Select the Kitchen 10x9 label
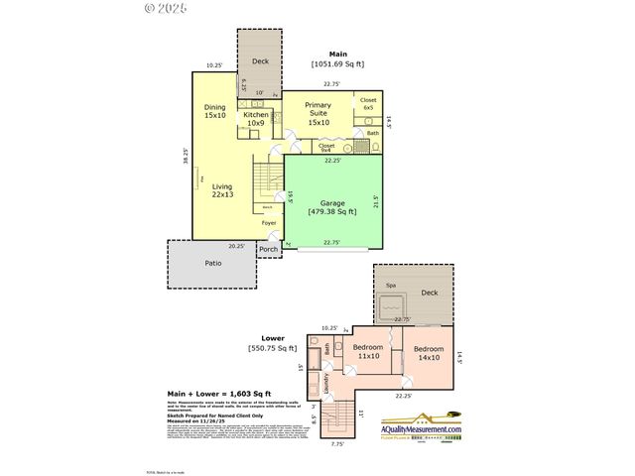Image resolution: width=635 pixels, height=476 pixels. pyautogui.click(x=255, y=119)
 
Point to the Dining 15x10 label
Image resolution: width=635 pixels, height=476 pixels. pyautogui.click(x=215, y=111)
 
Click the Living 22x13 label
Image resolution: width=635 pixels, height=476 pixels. pyautogui.click(x=222, y=190)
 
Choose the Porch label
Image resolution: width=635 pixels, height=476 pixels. pyautogui.click(x=268, y=249)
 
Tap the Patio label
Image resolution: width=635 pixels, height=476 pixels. pyautogui.click(x=213, y=263)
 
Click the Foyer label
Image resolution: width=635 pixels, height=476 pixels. pyautogui.click(x=269, y=223)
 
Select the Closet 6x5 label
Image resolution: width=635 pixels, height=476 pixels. pyautogui.click(x=368, y=103)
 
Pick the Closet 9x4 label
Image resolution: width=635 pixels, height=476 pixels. pyautogui.click(x=326, y=148)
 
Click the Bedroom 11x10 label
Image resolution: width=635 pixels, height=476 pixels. pyautogui.click(x=368, y=352)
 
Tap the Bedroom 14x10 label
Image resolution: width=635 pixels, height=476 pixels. pyautogui.click(x=429, y=352)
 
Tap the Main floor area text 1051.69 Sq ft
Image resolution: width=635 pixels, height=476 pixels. pyautogui.click(x=338, y=64)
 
